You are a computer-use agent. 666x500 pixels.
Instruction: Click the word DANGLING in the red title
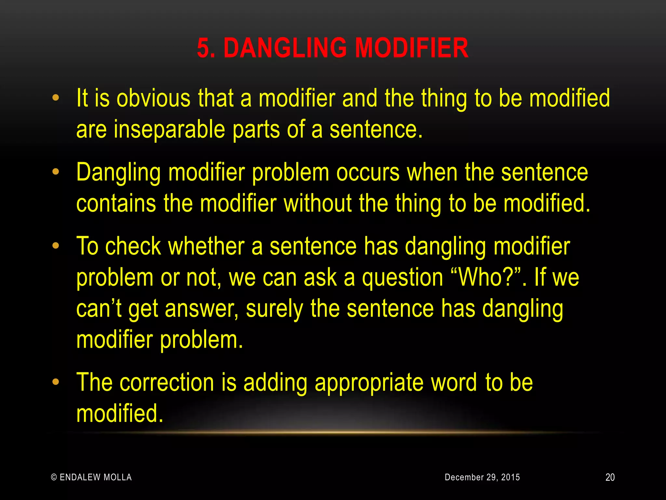pyautogui.click(x=285, y=48)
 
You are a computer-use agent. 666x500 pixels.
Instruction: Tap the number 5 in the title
pyautogui.click(x=203, y=48)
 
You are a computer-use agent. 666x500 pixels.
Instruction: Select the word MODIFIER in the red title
pyautogui.click(x=411, y=48)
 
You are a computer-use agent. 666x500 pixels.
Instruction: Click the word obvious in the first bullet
pyautogui.click(x=153, y=98)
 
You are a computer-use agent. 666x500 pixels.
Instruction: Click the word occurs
pyautogui.click(x=368, y=173)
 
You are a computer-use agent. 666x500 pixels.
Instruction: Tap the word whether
pyautogui.click(x=206, y=246)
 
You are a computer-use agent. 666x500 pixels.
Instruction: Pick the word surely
pyautogui.click(x=274, y=309)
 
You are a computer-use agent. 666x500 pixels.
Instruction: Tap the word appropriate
pyautogui.click(x=369, y=383)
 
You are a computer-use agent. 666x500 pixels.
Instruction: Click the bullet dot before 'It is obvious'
pyautogui.click(x=56, y=98)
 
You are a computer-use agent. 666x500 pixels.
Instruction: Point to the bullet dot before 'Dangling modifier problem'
pyautogui.click(x=56, y=172)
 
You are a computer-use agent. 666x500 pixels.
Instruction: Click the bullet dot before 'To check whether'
pyautogui.click(x=56, y=245)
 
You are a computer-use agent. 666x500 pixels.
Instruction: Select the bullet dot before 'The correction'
pyautogui.click(x=56, y=382)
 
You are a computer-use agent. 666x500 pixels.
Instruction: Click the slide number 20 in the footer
pyautogui.click(x=610, y=477)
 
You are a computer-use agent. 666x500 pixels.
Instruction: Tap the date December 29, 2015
pyautogui.click(x=482, y=477)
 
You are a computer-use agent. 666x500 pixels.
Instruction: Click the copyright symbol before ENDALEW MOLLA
pyautogui.click(x=54, y=477)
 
